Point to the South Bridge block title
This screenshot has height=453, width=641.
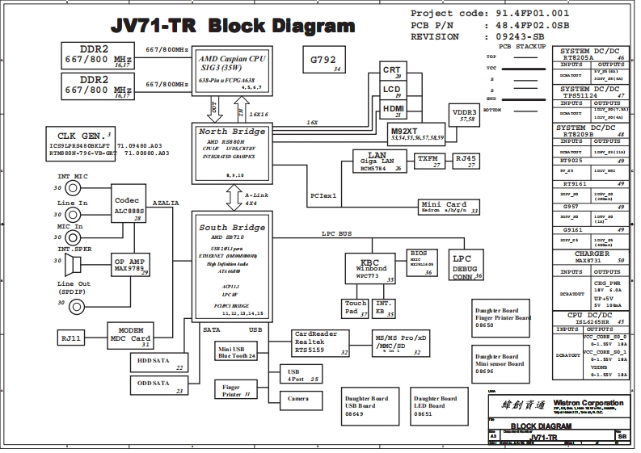[x=233, y=229]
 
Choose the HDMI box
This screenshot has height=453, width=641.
[x=393, y=111]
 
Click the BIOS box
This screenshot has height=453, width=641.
[x=421, y=258]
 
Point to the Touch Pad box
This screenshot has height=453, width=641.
[x=356, y=307]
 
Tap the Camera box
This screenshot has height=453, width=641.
[x=298, y=398]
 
